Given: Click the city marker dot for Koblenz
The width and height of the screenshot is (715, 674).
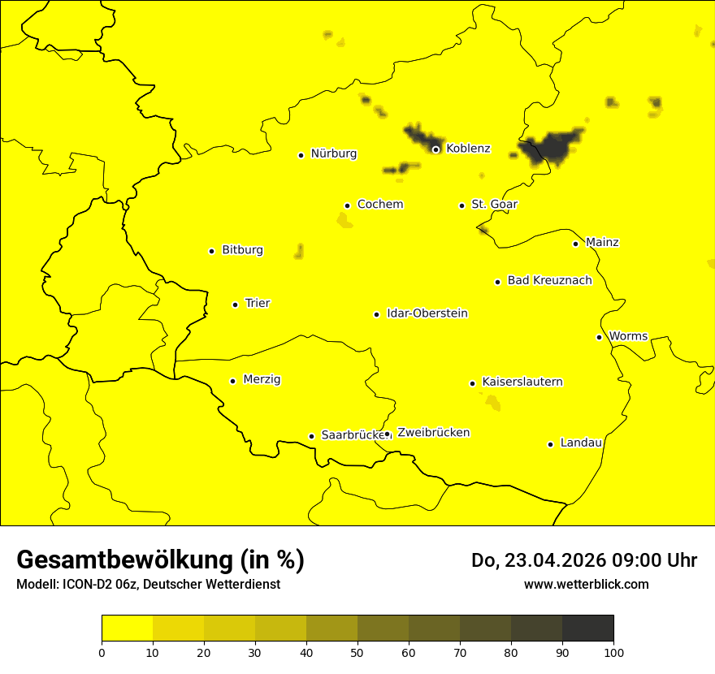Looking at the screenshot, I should point(435,149).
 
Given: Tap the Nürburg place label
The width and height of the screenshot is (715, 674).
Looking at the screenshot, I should point(333,153).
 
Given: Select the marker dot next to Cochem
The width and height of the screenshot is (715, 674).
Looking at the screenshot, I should point(347,205).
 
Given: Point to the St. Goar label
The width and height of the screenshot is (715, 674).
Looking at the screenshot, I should point(494,204).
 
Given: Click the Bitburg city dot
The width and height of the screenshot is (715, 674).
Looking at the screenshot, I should point(211,251).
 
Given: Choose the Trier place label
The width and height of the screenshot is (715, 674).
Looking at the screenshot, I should point(258,303).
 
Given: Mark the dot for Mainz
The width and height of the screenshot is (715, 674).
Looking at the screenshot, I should point(575,244).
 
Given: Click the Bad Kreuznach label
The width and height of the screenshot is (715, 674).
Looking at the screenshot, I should point(549,280).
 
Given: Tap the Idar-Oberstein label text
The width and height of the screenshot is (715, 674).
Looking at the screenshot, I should point(427,313).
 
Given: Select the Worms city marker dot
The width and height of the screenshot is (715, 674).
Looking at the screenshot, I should point(599,337).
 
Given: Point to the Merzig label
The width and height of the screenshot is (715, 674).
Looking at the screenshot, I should point(262,379).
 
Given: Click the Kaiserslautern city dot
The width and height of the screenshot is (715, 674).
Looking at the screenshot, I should point(472,383).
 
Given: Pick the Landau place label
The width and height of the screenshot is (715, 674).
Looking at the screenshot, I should point(581,443).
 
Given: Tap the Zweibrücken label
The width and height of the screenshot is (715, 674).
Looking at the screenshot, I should point(433,433).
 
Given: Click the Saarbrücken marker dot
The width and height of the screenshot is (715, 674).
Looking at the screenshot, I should point(311,436).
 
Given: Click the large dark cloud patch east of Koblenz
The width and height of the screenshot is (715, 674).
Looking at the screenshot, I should point(552,148).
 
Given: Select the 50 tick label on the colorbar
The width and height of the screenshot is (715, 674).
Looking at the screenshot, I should point(357,652).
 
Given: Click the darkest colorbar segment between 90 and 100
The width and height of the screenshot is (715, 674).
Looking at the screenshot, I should point(587,629).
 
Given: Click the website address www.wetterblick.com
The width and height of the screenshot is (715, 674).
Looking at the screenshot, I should point(586,585).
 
